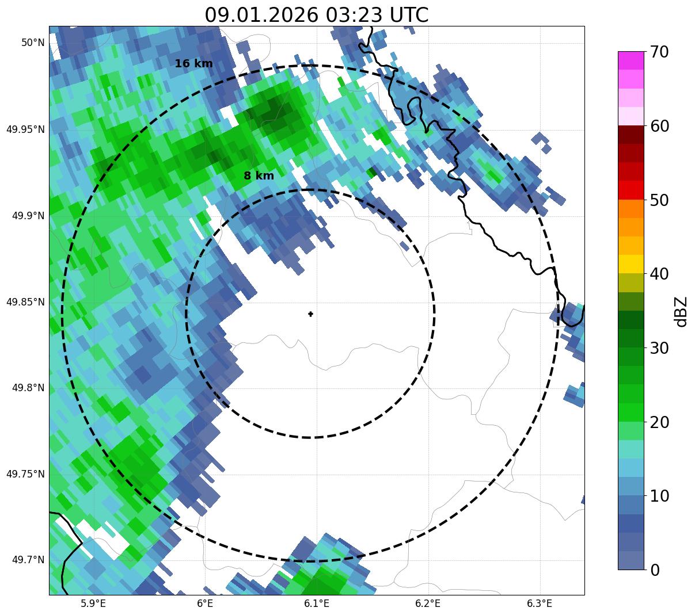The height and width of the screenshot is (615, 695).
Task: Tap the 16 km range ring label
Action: (193, 64)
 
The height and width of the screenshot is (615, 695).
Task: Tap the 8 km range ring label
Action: (259, 176)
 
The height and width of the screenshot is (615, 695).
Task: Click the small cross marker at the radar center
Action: (311, 314)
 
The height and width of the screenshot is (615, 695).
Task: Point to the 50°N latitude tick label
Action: (33, 43)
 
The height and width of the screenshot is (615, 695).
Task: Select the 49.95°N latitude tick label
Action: (25, 129)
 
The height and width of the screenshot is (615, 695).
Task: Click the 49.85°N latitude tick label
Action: (25, 301)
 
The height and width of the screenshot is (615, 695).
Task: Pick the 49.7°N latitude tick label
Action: (28, 560)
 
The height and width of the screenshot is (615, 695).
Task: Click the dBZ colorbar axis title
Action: (682, 311)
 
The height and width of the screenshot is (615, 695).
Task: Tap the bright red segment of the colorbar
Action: (631, 190)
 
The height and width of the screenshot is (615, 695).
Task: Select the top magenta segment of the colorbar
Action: (631, 60)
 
